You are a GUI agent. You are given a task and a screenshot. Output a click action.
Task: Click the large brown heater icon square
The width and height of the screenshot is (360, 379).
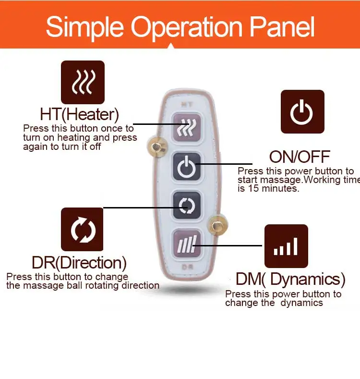pyautogui.click(x=83, y=83)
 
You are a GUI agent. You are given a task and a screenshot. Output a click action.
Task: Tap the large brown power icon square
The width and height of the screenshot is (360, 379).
pyautogui.click(x=302, y=112)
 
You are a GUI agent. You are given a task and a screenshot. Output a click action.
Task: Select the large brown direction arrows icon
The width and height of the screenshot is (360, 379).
pyautogui.click(x=82, y=229)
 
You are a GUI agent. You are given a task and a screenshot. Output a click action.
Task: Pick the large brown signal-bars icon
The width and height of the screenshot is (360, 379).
pyautogui.click(x=287, y=246)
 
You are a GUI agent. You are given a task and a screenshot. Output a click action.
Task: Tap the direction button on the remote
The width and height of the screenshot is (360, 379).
pyautogui.click(x=186, y=205)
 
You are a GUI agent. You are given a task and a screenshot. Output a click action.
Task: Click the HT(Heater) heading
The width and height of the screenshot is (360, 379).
pyautogui.click(x=80, y=115)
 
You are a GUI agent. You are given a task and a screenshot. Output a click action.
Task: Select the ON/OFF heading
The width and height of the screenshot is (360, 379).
pyautogui.click(x=300, y=157)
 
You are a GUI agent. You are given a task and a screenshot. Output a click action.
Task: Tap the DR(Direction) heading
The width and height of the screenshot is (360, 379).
pyautogui.click(x=79, y=263)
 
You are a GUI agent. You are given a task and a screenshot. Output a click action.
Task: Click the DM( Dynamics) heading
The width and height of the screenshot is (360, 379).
pyautogui.click(x=290, y=279)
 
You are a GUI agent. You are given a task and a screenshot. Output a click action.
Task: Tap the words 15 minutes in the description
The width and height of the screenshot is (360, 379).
pyautogui.click(x=273, y=189)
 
